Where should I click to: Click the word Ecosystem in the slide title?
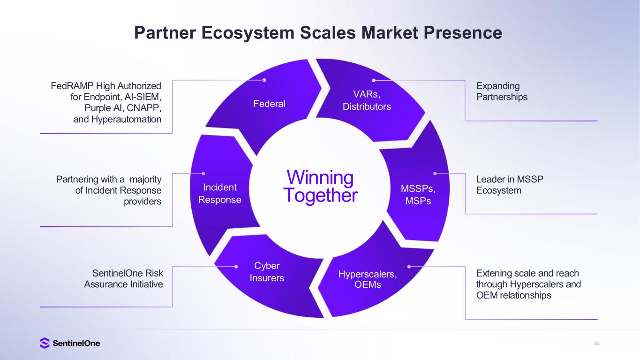[x=248, y=33]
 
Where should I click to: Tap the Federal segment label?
[x=269, y=104]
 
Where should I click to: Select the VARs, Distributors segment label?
[x=367, y=100]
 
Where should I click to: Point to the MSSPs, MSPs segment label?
[x=418, y=195]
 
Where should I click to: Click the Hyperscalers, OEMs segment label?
[x=368, y=279]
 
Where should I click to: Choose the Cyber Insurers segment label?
[x=267, y=272]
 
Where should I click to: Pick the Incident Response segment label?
[x=220, y=194]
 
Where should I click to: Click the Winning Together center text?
[x=320, y=186]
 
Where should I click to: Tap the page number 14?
[x=597, y=344]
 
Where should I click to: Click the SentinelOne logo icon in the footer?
[x=45, y=343]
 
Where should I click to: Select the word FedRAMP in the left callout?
[x=72, y=86]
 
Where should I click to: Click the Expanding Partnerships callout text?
[x=502, y=91]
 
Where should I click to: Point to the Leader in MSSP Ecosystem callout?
[x=510, y=185]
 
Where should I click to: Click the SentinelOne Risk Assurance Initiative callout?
[x=123, y=278]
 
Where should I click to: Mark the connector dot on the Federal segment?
[x=264, y=80]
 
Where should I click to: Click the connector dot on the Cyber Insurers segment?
[x=236, y=267]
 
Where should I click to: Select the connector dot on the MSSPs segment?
[x=435, y=173]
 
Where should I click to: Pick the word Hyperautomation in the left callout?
[x=126, y=120]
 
